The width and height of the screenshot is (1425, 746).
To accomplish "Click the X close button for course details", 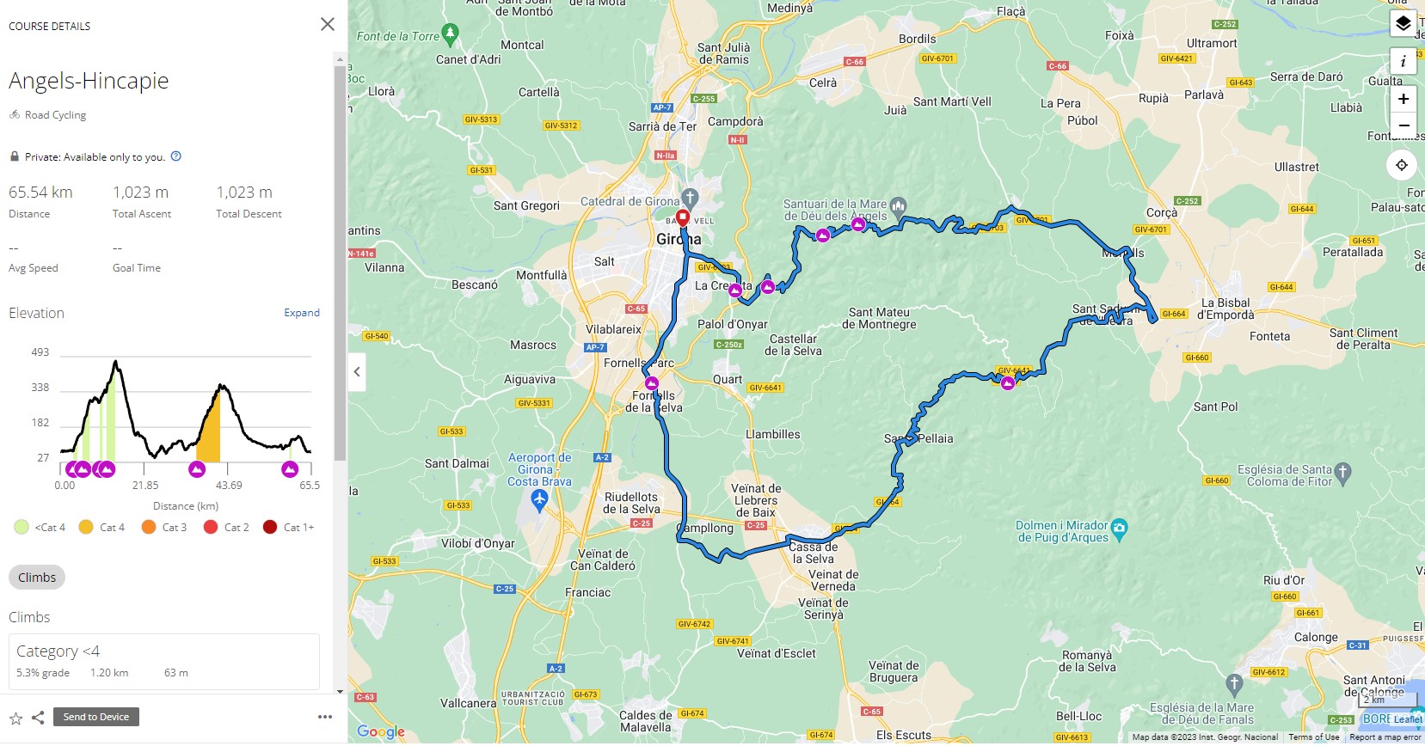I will tap(328, 24).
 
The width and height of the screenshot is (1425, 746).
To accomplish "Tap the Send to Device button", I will tap(95, 717).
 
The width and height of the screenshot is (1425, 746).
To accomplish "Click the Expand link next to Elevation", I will tap(302, 313).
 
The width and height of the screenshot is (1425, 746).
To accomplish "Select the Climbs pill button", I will tap(37, 578).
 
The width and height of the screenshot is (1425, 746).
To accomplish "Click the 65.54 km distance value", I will tap(40, 193).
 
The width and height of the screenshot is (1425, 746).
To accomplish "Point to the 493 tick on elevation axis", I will tap(40, 352).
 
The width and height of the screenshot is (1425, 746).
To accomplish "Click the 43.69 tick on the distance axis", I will tap(229, 486).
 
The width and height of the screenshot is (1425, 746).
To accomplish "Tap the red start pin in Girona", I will tap(683, 217).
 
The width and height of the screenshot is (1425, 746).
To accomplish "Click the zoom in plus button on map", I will tap(1403, 99).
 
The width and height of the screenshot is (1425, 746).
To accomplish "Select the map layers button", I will tap(1403, 23).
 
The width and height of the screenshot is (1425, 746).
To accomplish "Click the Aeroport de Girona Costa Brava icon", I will tap(539, 500).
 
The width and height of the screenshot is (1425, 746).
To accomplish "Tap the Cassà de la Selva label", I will tap(814, 553).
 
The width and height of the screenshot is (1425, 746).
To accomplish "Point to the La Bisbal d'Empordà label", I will tap(1225, 309).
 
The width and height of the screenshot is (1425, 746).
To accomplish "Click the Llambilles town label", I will tap(773, 435).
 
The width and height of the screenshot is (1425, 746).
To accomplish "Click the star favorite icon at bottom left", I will tap(15, 718).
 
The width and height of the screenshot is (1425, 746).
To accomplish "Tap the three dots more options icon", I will tap(324, 717).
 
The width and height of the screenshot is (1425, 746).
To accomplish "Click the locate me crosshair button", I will tap(1402, 165).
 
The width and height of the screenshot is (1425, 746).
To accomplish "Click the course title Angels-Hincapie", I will tap(89, 81).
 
